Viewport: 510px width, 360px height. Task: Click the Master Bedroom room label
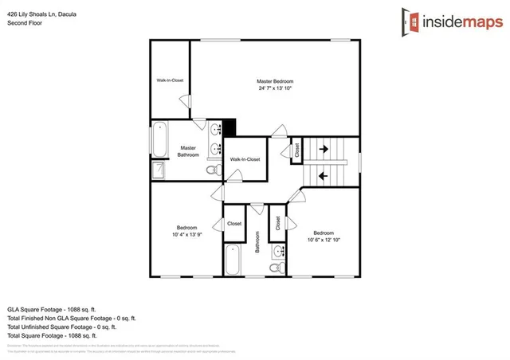tap(275, 81)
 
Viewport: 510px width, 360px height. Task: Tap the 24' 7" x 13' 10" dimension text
tap(275, 88)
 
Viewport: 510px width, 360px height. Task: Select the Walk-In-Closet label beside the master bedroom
tap(170, 80)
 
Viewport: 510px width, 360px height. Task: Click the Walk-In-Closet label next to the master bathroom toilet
tap(245, 159)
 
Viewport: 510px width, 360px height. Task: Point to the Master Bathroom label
tap(188, 151)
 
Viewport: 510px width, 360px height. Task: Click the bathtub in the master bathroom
tap(159, 139)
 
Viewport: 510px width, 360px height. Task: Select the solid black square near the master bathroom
tap(229, 127)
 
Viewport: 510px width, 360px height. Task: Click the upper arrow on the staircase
tap(324, 147)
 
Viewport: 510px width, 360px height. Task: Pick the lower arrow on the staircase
tap(324, 174)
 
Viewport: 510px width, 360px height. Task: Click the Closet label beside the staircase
tap(296, 149)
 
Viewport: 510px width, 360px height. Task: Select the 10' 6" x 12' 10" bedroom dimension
tap(324, 240)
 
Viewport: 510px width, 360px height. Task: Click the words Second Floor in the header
tap(25, 23)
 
